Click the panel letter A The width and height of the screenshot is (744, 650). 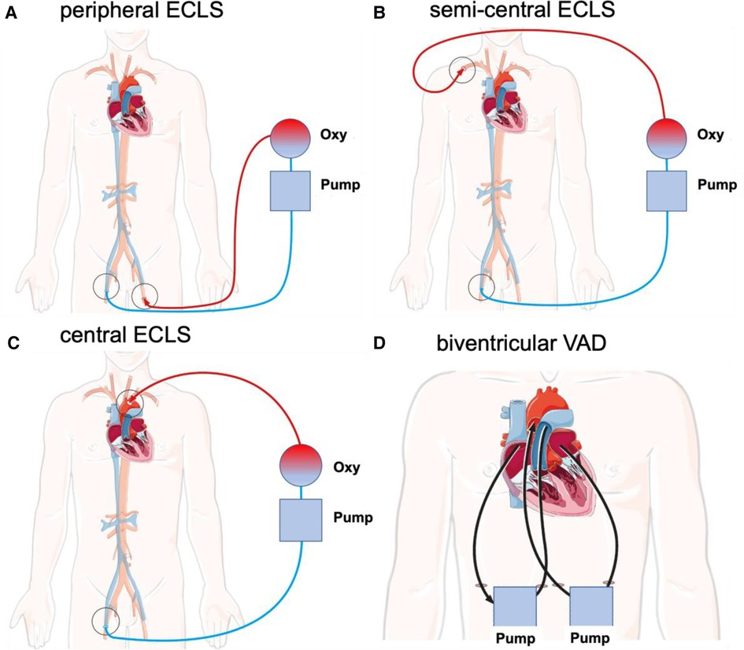(11, 14)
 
